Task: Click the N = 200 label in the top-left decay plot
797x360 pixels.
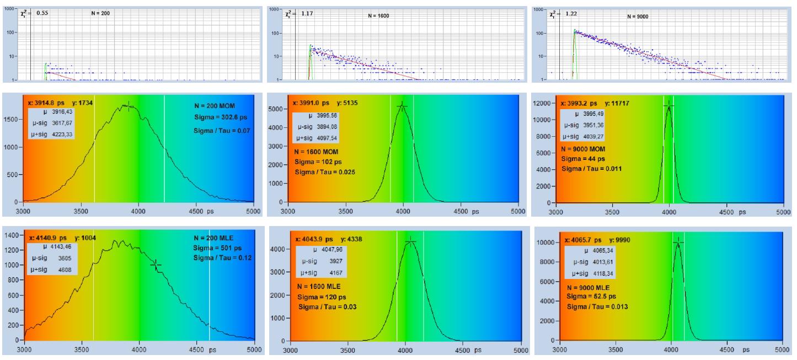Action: pyautogui.click(x=100, y=13)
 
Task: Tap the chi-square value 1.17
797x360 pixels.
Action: pyautogui.click(x=307, y=12)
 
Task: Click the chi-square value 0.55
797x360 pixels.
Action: pyautogui.click(x=42, y=12)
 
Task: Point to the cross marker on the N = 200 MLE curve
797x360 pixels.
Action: pyautogui.click(x=156, y=265)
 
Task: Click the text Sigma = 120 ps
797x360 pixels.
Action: pyautogui.click(x=319, y=296)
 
